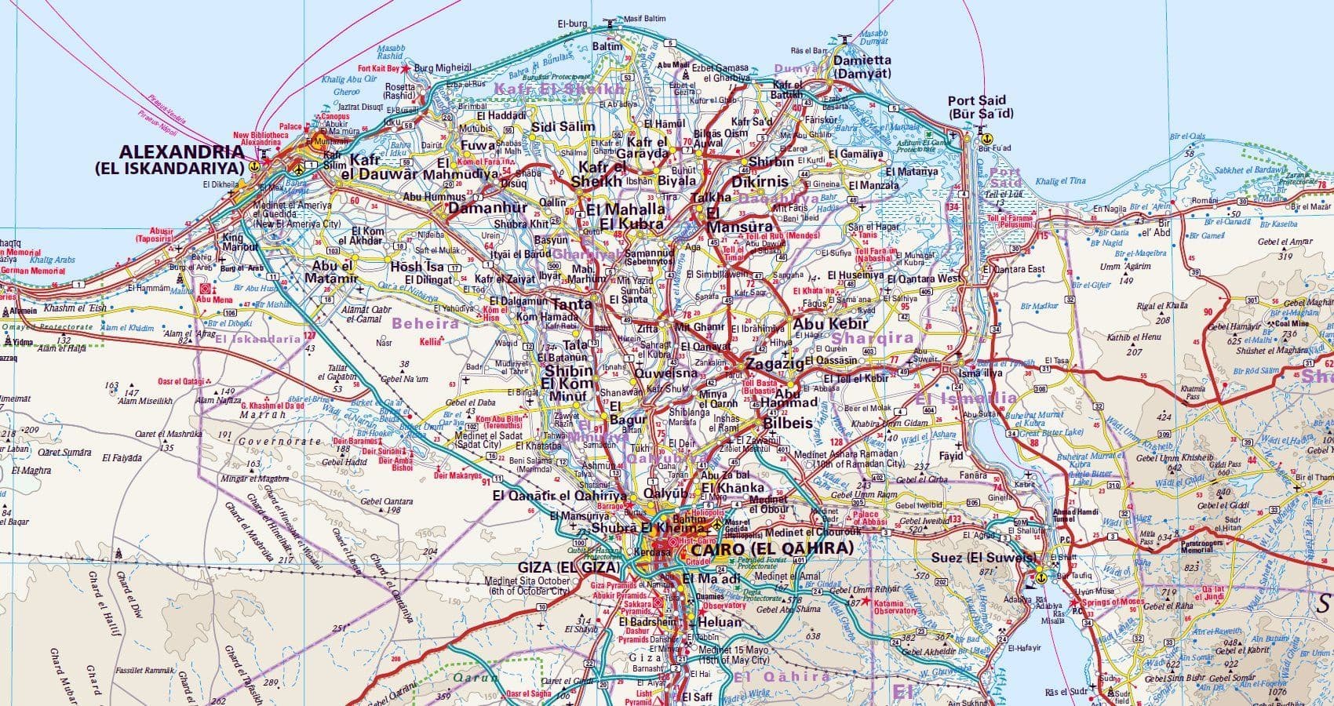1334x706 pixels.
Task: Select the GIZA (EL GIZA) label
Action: pyautogui.click(x=569, y=567)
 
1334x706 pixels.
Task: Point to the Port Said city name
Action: pyautogui.click(x=976, y=101)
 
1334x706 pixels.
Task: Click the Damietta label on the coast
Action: pyautogui.click(x=862, y=60)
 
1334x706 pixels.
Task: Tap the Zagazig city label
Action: pyautogui.click(x=775, y=364)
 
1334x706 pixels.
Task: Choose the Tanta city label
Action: pyautogui.click(x=572, y=304)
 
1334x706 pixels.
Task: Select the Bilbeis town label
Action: pyautogui.click(x=786, y=422)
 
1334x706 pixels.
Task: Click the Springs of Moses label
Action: pyautogui.click(x=1111, y=602)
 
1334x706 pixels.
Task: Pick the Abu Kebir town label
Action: pyautogui.click(x=830, y=323)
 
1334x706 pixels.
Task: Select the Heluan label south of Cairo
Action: pyautogui.click(x=719, y=622)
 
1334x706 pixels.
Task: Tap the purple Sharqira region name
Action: pyautogui.click(x=873, y=338)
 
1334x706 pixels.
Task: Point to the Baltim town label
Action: pyautogui.click(x=607, y=46)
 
